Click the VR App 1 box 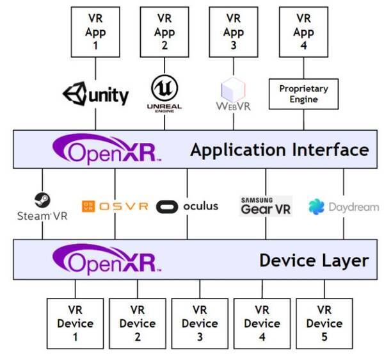[x=95, y=30]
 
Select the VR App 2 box [x=164, y=30]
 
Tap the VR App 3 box [x=235, y=30]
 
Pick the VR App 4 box [x=304, y=30]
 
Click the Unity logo [x=95, y=94]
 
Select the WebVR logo [x=235, y=95]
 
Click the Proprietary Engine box [x=303, y=94]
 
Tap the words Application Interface [x=279, y=151]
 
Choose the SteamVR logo [x=42, y=206]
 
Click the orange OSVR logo [x=115, y=206]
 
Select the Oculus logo [x=188, y=206]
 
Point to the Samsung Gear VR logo [x=265, y=206]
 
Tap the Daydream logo [x=343, y=207]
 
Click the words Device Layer [x=314, y=260]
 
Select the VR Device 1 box [x=75, y=323]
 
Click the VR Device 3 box [x=200, y=323]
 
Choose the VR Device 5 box [x=324, y=323]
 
